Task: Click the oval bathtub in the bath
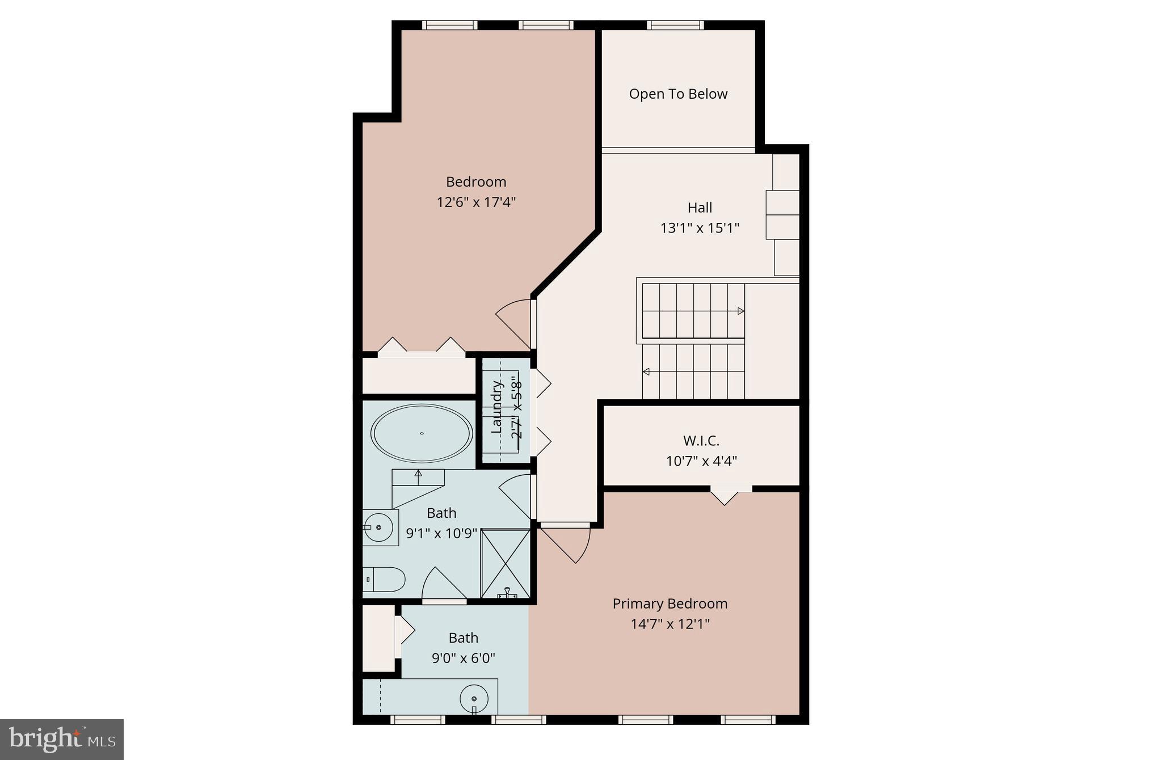[421, 433]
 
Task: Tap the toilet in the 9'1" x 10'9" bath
[384, 579]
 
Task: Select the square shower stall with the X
[505, 563]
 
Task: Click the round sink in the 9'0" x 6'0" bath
[474, 698]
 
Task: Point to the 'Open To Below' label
[678, 94]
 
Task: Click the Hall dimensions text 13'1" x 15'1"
[700, 228]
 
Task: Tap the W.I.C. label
[701, 441]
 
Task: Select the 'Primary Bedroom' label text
[670, 603]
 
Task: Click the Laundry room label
[496, 407]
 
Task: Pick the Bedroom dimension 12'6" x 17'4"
[475, 202]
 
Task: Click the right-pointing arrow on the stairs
[740, 311]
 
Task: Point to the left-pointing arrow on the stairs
[646, 372]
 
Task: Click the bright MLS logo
[61, 739]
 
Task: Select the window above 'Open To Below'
[675, 25]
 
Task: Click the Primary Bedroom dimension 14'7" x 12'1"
[670, 624]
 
